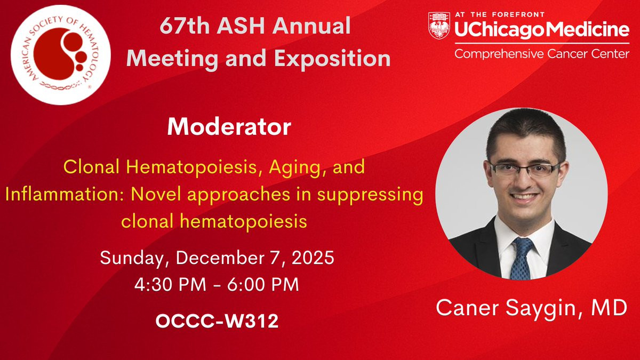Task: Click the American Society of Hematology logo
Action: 61,55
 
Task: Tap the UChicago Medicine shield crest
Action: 439,26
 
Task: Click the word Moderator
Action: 229,126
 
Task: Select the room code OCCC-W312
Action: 217,321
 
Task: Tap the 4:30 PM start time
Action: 170,284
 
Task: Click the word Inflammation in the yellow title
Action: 65,194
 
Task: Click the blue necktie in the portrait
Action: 522,259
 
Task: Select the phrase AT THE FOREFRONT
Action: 500,14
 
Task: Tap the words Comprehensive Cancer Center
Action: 542,54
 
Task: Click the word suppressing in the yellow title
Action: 370,195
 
